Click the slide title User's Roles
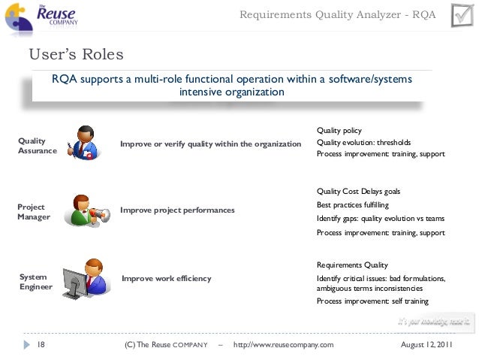75,56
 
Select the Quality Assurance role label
37,146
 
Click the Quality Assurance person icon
84,143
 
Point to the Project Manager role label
34,211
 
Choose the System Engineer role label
35,282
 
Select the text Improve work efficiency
166,278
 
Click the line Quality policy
339,131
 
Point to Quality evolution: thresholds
363,143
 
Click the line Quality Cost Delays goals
358,192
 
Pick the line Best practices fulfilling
353,205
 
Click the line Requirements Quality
352,265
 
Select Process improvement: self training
372,301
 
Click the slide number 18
41,345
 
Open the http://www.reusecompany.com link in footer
284,345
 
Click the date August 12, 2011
427,345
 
